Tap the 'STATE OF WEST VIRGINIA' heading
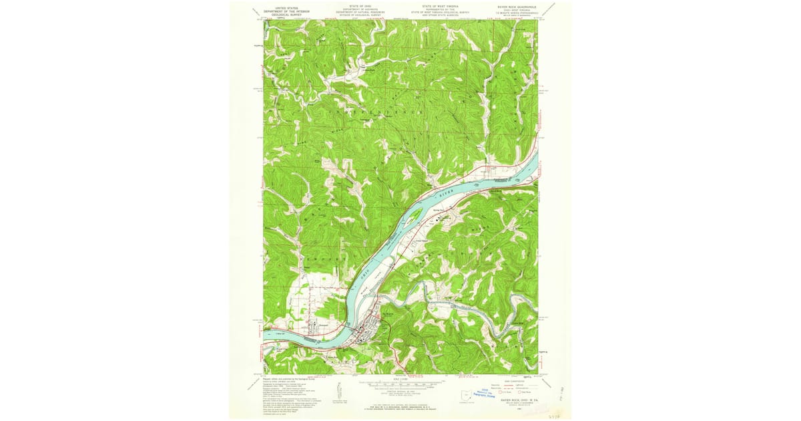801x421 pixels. click(x=440, y=6)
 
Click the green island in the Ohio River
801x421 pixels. click(x=414, y=215)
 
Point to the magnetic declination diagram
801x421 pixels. click(x=339, y=388)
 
